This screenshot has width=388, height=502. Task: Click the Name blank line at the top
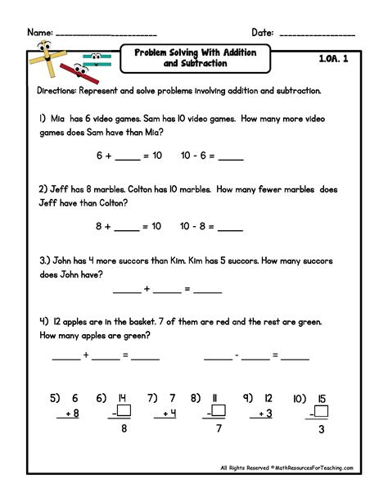105,34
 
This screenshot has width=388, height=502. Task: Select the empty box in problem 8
219,411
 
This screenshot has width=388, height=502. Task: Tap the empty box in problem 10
321,411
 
